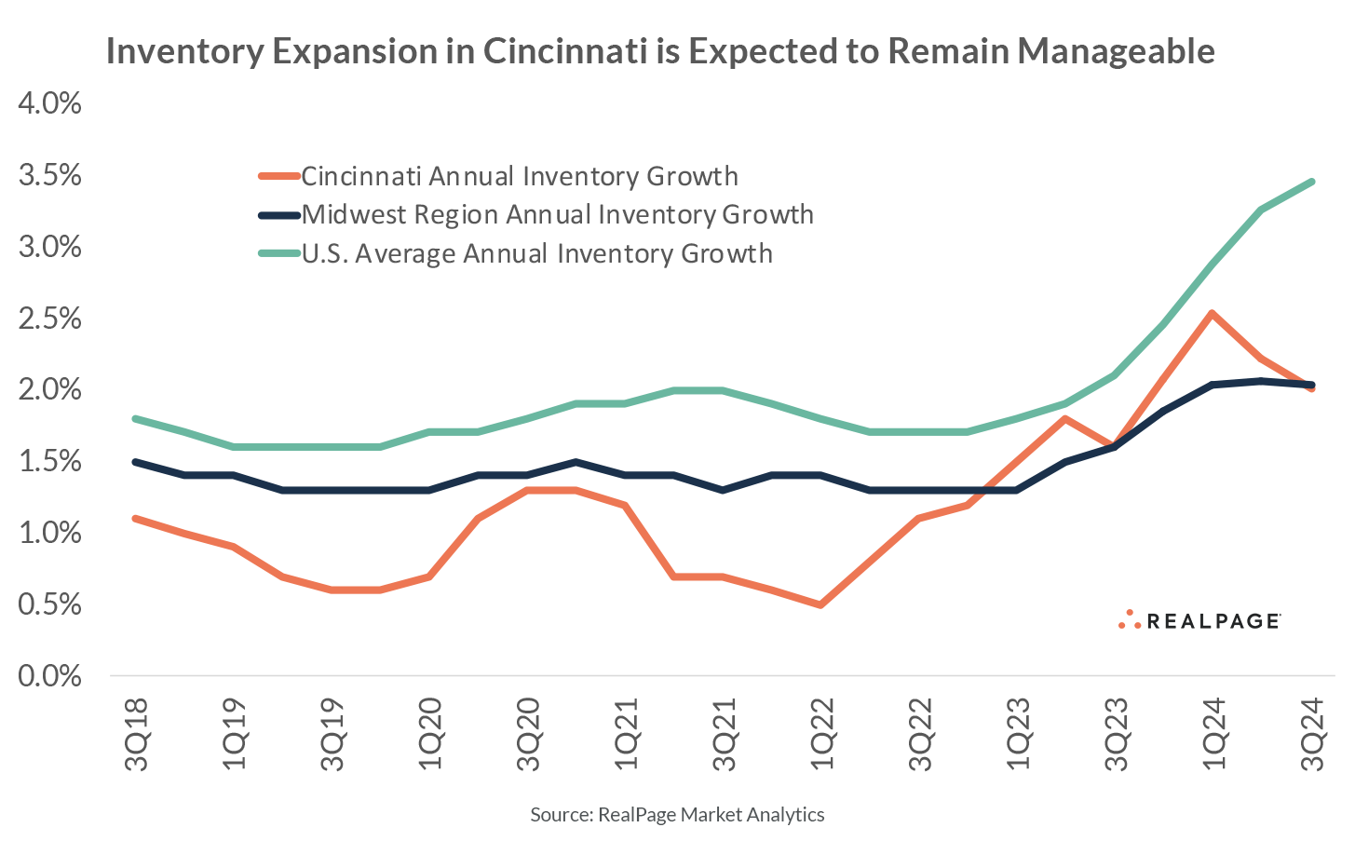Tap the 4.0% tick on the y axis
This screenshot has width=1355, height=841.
point(50,103)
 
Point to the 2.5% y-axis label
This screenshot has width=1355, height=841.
point(50,319)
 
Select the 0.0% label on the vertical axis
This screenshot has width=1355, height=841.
point(50,675)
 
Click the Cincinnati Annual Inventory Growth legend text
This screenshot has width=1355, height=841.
point(520,176)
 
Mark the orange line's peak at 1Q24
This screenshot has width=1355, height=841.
point(1211,313)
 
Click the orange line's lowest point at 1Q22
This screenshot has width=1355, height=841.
point(820,604)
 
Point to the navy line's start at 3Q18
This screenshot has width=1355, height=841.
point(138,462)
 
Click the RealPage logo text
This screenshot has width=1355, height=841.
point(1211,621)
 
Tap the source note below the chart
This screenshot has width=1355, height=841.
point(677,815)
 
